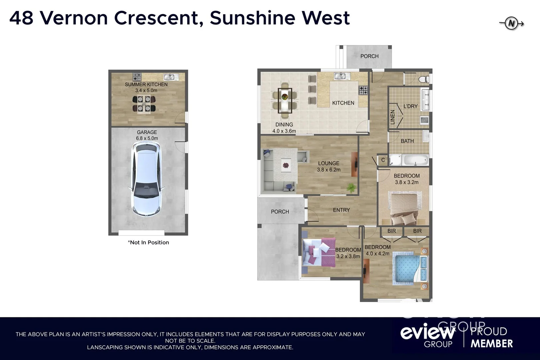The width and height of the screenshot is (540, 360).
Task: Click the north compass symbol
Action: pos(511,24)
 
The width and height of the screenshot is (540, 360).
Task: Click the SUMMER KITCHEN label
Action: pos(146,84)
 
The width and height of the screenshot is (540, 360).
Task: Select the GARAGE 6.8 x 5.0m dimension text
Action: pos(147,138)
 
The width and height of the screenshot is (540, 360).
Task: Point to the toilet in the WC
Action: pos(424,79)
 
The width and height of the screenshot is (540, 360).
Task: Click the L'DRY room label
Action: pos(410,106)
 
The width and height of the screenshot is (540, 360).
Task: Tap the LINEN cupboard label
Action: pos(392,117)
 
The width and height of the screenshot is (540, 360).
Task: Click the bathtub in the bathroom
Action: pos(415,160)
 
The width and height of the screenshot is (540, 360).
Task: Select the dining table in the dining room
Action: pos(285,100)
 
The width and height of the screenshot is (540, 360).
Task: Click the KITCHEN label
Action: pos(343,103)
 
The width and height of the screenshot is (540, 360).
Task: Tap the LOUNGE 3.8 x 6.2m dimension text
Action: pos(329,170)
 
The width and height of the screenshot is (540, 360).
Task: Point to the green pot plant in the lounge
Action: pos(351,188)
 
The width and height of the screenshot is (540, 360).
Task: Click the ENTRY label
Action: pos(341,210)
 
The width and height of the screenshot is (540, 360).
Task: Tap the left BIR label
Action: pos(392,231)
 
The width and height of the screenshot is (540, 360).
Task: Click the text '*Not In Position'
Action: pos(148,243)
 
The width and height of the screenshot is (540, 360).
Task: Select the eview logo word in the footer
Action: pos(428,332)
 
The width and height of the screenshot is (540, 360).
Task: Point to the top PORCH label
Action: pos(369,56)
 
